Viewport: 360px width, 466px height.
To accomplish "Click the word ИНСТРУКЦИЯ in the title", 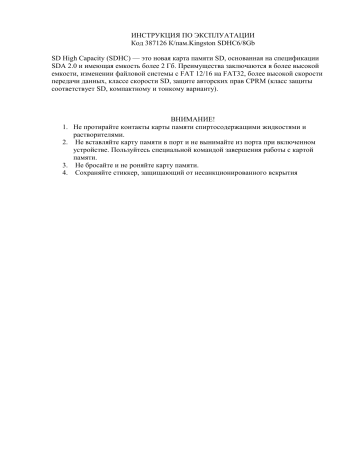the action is pyautogui.click(x=155, y=35).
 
